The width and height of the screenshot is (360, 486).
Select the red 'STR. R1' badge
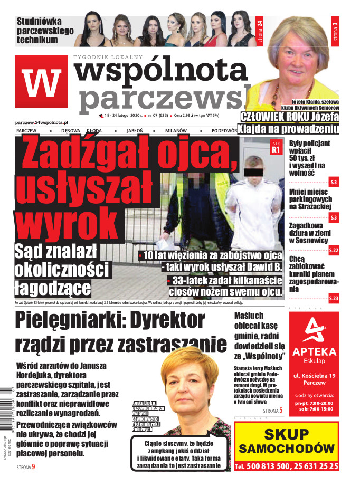click(275, 147)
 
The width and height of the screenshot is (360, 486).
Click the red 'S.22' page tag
click(334, 251)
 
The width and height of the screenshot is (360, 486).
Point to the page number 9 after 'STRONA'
click(34, 466)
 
